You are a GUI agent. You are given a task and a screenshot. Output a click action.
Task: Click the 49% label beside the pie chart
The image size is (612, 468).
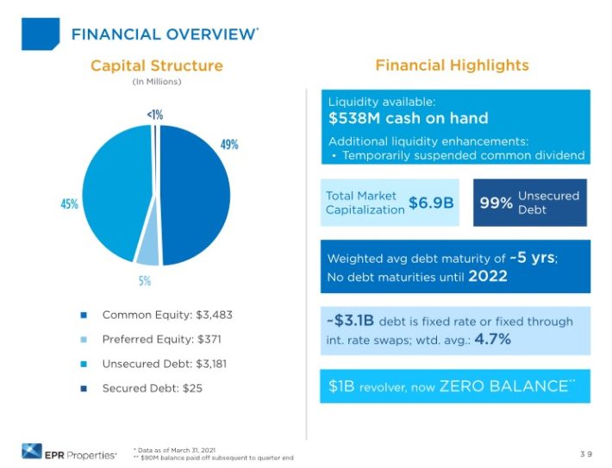click(x=229, y=145)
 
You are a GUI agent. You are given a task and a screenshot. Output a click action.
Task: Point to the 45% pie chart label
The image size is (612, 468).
click(x=69, y=204)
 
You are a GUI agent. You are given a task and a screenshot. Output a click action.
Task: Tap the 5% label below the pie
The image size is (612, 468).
click(x=145, y=280)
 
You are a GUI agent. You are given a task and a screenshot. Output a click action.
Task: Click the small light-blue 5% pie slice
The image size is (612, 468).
click(x=147, y=253)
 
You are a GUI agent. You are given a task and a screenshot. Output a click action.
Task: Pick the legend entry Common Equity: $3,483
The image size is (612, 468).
click(x=167, y=315)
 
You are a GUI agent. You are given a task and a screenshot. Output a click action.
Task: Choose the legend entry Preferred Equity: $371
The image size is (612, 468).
click(x=161, y=339)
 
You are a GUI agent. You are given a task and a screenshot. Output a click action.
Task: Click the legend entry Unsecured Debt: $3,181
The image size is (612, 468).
click(x=165, y=364)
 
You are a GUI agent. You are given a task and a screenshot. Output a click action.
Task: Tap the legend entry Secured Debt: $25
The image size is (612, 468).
click(x=152, y=389)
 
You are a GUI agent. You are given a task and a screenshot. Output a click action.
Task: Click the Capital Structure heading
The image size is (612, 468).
click(x=156, y=66)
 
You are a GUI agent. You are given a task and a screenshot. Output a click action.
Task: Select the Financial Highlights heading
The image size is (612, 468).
click(x=452, y=66)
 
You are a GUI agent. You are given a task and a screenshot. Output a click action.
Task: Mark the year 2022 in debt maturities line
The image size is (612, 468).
click(x=488, y=277)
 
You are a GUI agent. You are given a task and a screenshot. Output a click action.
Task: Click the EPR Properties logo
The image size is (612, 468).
click(x=68, y=449)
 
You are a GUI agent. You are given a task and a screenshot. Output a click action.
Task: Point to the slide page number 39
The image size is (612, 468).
click(x=585, y=452)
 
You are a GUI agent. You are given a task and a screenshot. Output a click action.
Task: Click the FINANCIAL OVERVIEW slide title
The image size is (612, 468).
click(x=163, y=34)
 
